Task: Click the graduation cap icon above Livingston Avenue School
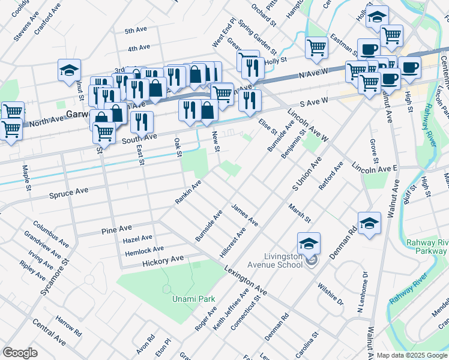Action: tap(309, 243)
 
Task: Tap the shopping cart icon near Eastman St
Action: tap(316, 47)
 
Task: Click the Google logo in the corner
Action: tap(20, 353)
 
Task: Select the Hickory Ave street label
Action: tap(163, 260)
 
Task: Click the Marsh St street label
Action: tap(299, 212)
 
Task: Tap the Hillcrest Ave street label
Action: tap(232, 242)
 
